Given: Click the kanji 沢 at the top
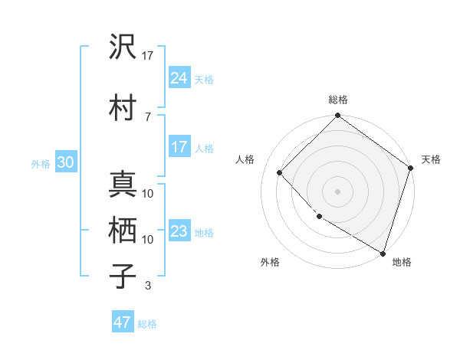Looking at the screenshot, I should (121, 47).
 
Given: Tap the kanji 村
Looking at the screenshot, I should (121, 107).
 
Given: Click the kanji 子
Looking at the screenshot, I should (121, 275).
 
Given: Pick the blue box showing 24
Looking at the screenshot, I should (179, 77).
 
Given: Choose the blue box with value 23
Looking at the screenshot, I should (179, 231).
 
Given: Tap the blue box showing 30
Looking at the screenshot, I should (65, 162).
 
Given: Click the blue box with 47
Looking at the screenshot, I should (123, 322).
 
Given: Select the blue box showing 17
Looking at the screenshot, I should (179, 147).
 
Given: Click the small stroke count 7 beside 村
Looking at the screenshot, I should (148, 116).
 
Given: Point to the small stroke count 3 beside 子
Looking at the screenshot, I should (148, 286).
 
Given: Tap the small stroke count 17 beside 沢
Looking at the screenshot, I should (148, 55).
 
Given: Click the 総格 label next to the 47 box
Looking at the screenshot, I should (147, 324).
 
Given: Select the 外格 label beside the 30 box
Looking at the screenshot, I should (40, 164).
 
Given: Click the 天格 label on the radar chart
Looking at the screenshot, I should (431, 159).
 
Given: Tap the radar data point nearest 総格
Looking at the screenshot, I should (337, 116).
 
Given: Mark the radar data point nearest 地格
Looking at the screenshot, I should (382, 252).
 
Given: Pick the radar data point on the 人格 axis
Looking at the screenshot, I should (280, 172).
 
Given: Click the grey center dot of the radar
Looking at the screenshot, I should (337, 191).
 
